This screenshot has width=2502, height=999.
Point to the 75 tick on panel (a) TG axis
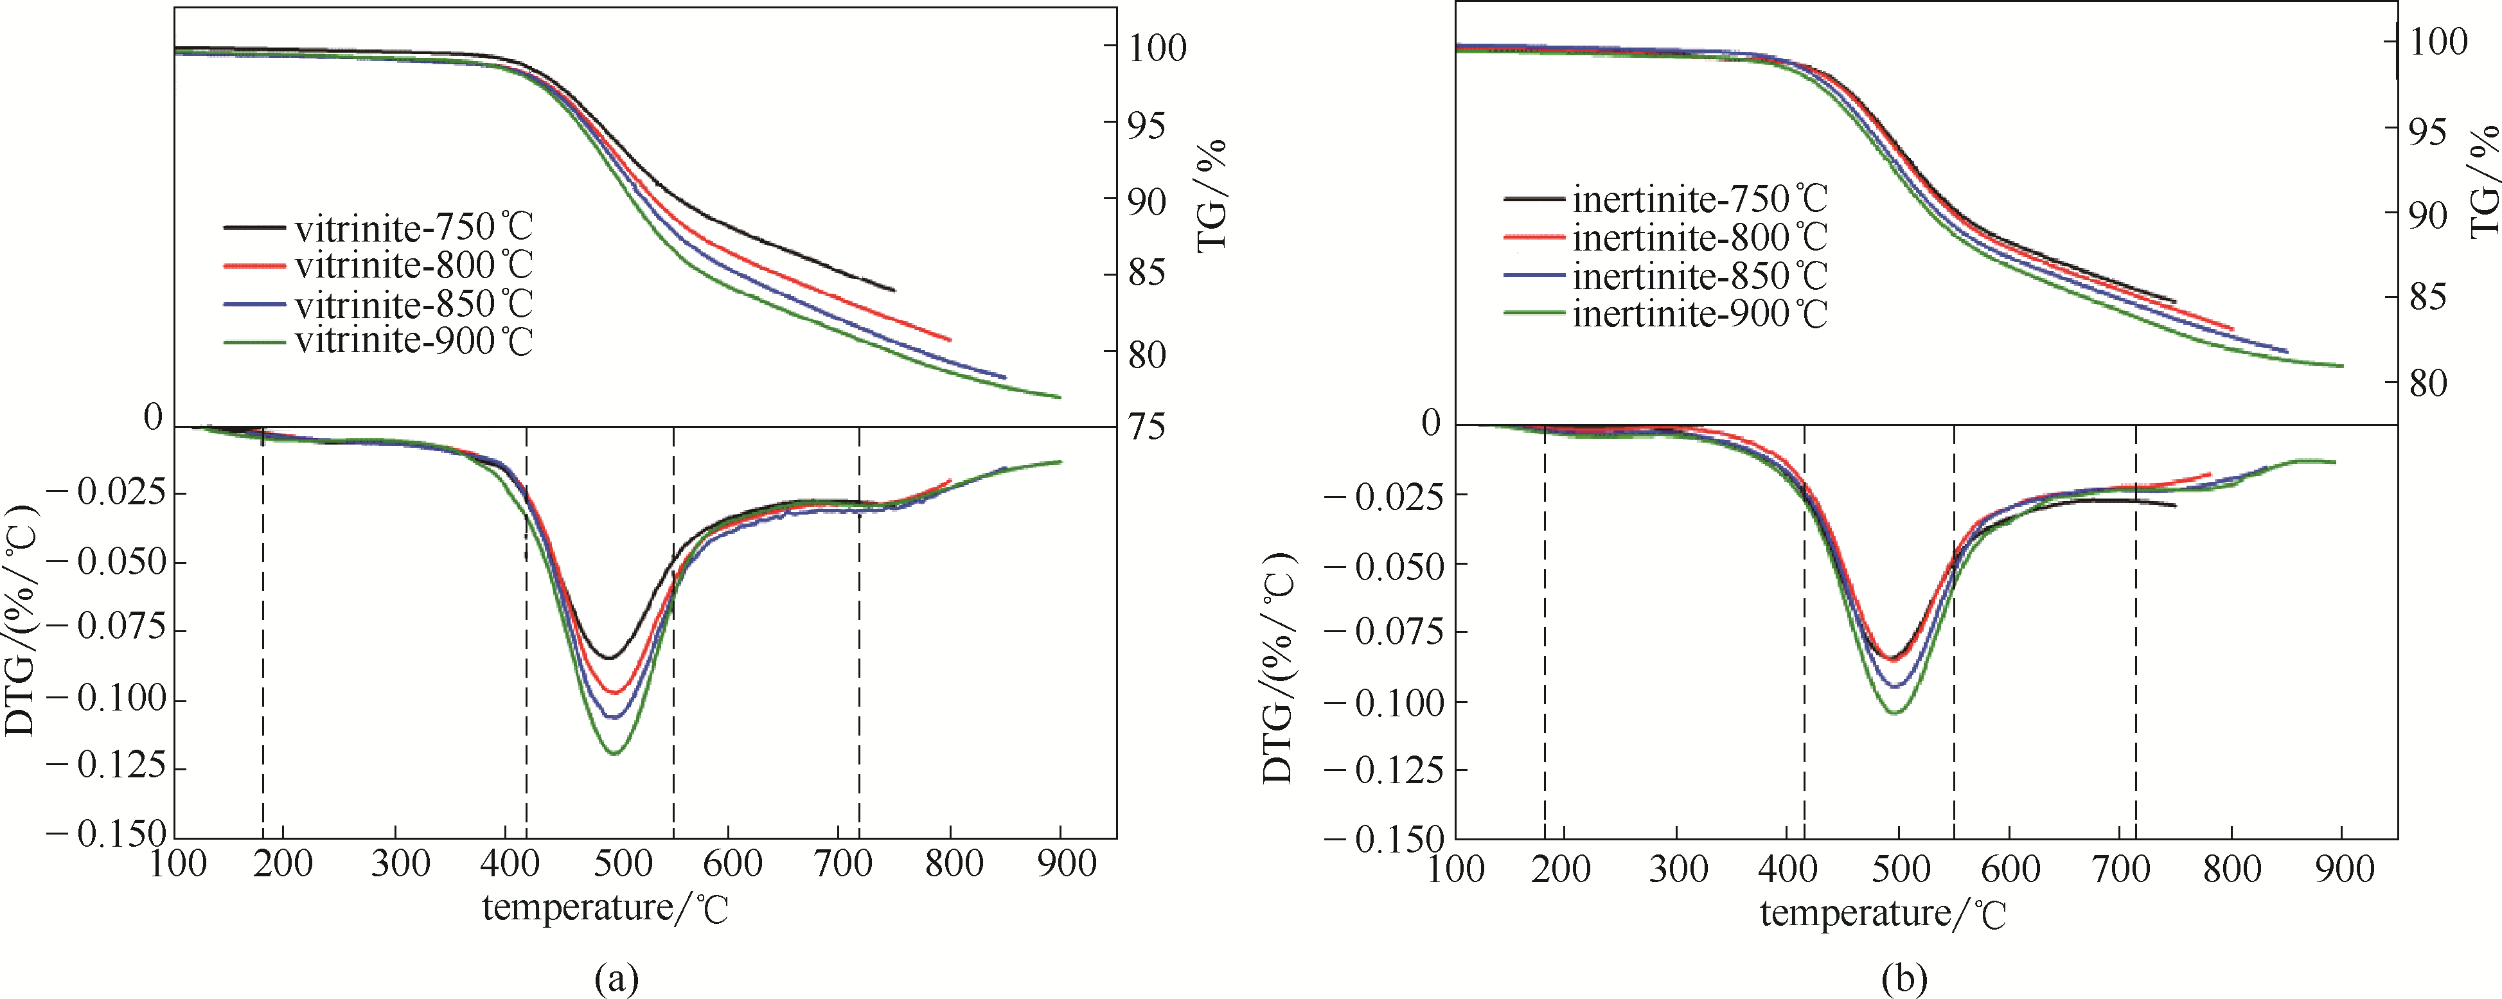[1146, 427]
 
